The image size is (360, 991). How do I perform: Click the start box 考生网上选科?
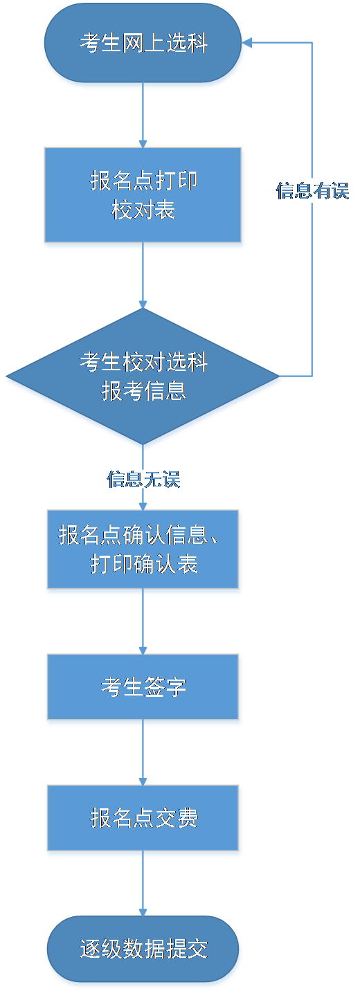click(143, 43)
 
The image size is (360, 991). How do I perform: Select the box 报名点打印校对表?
click(143, 194)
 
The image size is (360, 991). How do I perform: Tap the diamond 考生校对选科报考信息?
click(143, 376)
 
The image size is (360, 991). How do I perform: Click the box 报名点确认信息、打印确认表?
click(143, 549)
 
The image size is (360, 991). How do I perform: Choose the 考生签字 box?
click(143, 687)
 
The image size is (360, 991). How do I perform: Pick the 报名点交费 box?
click(143, 817)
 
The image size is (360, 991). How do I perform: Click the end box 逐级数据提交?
click(143, 949)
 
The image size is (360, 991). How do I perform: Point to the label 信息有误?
click(313, 191)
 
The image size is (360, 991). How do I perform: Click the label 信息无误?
click(143, 479)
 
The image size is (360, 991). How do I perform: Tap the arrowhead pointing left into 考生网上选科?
click(246, 42)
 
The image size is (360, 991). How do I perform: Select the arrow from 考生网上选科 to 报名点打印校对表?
click(143, 115)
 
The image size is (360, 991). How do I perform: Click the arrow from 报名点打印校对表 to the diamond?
click(143, 275)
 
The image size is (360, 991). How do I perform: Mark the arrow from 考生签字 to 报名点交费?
click(143, 752)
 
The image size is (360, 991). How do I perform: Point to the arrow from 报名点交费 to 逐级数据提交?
click(143, 883)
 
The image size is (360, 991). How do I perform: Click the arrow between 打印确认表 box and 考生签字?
click(143, 621)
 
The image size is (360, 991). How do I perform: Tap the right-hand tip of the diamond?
click(280, 376)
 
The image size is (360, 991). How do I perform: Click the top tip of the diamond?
click(143, 309)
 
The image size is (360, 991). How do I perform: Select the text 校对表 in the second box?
click(143, 210)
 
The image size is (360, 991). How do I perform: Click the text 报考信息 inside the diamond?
click(143, 390)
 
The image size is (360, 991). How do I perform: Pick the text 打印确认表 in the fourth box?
click(144, 564)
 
